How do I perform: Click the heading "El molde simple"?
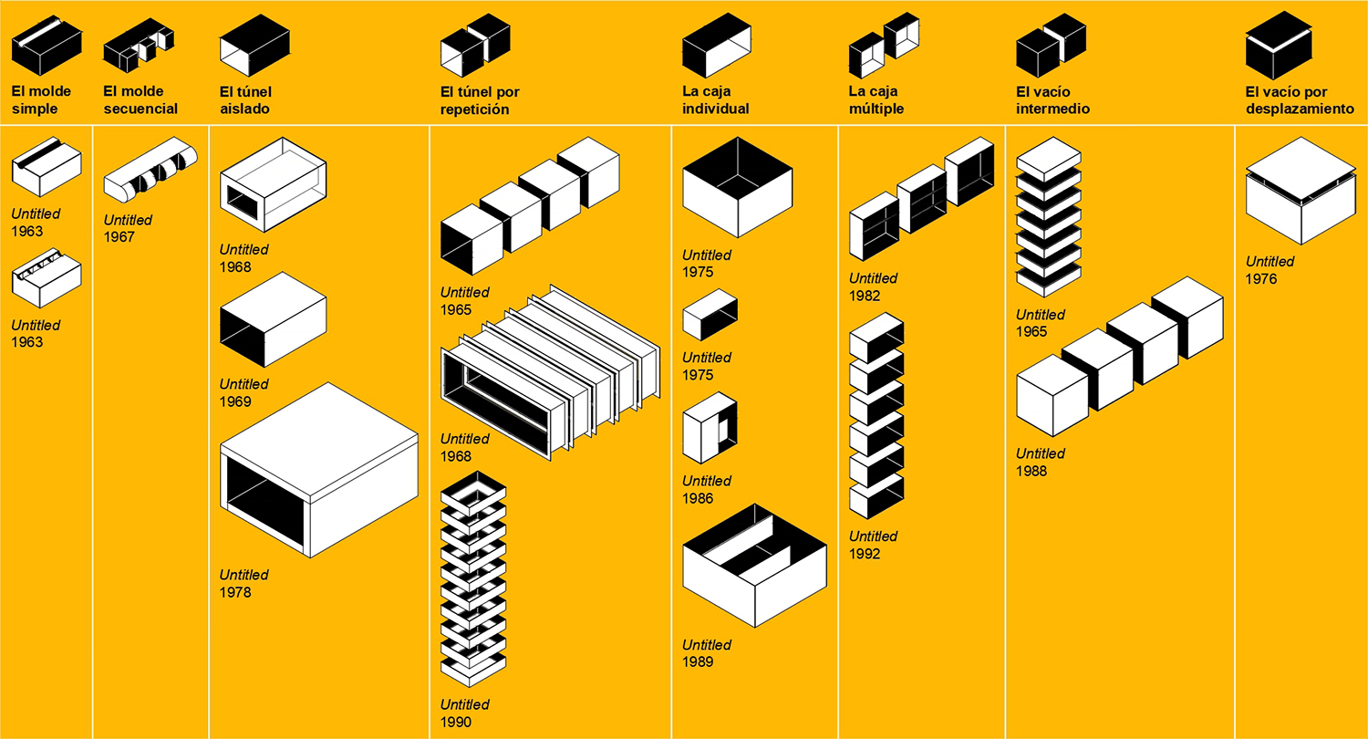tap(41, 100)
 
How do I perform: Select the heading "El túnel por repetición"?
tap(480, 100)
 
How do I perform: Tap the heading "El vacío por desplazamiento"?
tap(1300, 100)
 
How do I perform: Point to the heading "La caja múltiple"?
tap(876, 100)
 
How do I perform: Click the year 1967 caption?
tap(119, 237)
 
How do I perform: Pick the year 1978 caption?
tap(235, 592)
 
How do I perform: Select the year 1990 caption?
tap(456, 722)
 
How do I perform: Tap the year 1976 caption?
tap(1261, 279)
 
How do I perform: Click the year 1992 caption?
tap(865, 554)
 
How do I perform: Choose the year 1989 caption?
tap(698, 662)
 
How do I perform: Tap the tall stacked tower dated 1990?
tap(473, 580)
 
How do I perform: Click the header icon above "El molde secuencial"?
tap(139, 47)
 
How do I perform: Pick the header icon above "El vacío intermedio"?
tap(1052, 45)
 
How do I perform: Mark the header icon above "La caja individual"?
tap(717, 47)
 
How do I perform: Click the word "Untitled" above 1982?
tap(874, 278)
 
